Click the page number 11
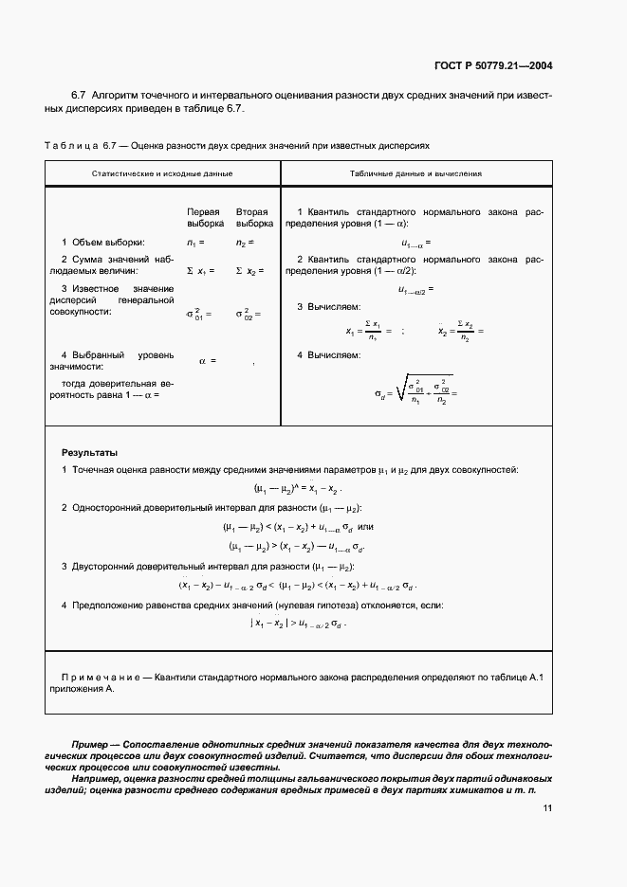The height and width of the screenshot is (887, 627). coord(547,808)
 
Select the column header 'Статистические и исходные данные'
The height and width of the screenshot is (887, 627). coord(162,174)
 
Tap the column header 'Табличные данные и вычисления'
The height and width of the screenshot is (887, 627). coord(415,174)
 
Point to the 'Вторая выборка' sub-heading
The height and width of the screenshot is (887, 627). coord(251,217)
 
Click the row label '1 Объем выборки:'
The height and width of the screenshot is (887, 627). coord(103,243)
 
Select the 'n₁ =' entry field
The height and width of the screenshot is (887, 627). coord(197,243)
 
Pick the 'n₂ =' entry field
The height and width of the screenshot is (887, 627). coord(245,243)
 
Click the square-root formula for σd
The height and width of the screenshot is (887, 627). coord(414,389)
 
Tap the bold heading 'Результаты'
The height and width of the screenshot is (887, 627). coord(89,453)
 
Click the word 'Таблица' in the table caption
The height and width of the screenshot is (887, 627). coord(72,147)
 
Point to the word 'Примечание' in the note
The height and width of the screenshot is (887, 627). coord(100,677)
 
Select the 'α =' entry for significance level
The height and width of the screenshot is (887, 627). coord(207,360)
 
